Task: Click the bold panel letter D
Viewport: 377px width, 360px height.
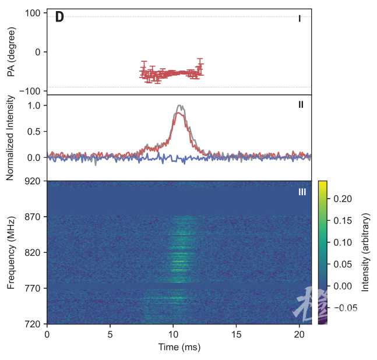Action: [x=59, y=17]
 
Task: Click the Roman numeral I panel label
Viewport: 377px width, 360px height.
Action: [x=300, y=19]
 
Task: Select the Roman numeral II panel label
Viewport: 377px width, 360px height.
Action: [x=301, y=105]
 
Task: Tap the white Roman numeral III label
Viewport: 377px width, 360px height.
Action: [x=302, y=192]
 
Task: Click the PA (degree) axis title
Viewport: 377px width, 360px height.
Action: [x=11, y=52]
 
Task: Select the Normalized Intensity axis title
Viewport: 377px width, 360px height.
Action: [x=11, y=137]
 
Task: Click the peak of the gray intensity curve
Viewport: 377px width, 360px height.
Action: [x=181, y=106]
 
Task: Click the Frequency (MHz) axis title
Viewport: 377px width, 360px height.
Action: [x=11, y=252]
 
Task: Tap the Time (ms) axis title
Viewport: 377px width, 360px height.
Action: [x=179, y=347]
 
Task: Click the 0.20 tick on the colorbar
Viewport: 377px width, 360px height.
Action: [x=343, y=199]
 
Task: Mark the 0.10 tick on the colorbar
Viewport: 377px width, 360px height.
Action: [x=343, y=242]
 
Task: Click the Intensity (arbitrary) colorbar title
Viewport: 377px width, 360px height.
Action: [x=367, y=252]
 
